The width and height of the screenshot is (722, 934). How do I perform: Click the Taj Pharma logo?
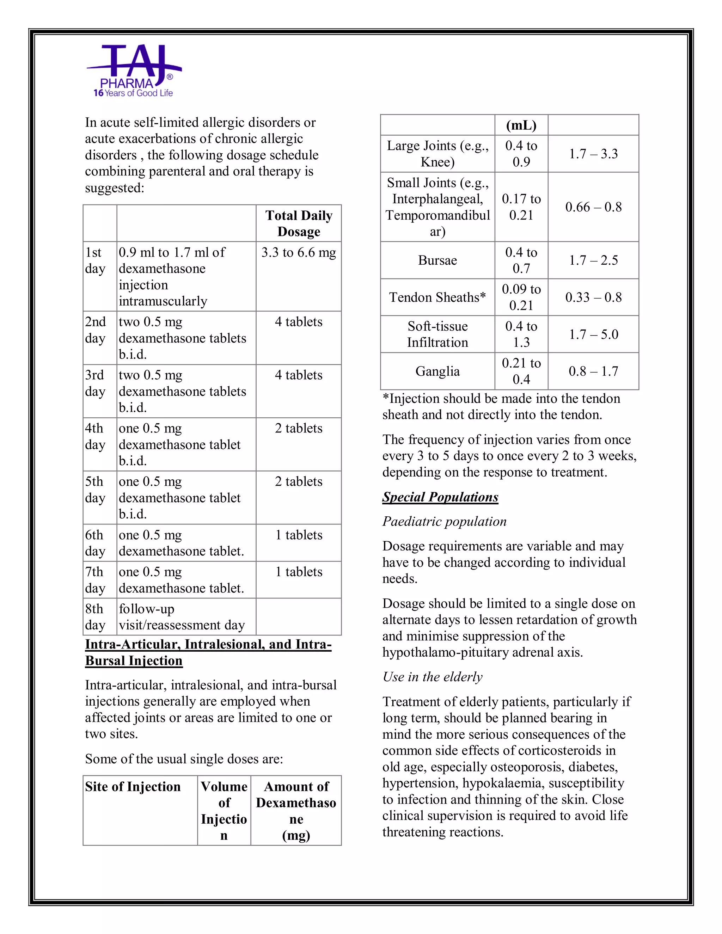point(134,71)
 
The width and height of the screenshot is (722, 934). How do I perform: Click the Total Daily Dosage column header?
point(299,223)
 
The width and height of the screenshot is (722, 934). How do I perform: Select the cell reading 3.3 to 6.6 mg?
point(299,252)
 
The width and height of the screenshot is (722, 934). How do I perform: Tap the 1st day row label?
point(95,260)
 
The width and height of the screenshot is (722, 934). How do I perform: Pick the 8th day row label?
point(95,617)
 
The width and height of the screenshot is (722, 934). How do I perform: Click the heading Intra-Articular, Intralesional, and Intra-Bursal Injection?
point(208,652)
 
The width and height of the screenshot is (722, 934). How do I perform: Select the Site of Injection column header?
point(133,786)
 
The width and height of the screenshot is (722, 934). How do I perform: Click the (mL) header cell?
point(521,125)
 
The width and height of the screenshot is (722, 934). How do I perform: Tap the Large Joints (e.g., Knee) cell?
point(438,154)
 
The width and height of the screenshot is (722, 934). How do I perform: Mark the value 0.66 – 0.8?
point(593,207)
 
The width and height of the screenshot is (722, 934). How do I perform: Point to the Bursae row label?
point(438,260)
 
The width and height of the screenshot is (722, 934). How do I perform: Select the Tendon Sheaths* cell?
point(438,297)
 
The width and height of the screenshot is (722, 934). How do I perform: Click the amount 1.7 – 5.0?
point(593,334)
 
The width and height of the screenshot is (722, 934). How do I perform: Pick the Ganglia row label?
point(438,371)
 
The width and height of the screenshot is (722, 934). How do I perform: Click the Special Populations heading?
point(440,497)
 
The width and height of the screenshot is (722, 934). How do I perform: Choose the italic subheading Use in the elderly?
point(433,677)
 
